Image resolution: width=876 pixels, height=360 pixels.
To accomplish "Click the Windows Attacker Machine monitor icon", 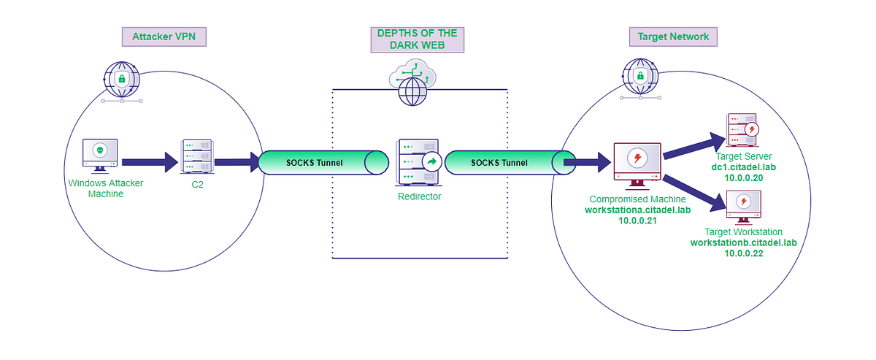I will coord(100,154).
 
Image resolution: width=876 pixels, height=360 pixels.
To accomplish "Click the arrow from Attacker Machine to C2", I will coord(150,162).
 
